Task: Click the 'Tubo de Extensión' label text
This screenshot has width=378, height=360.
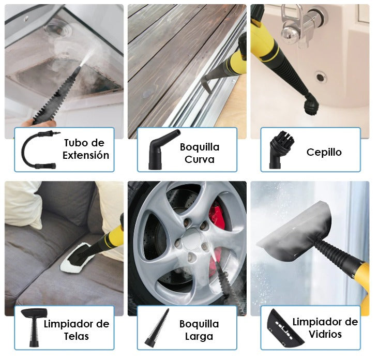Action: pyautogui.click(x=86, y=149)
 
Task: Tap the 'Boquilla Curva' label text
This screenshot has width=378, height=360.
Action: pyautogui.click(x=199, y=153)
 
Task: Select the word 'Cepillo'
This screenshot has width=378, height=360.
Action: pyautogui.click(x=324, y=152)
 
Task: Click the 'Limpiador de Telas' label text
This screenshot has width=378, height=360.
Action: pyautogui.click(x=77, y=330)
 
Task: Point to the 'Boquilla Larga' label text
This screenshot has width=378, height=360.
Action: pyautogui.click(x=199, y=330)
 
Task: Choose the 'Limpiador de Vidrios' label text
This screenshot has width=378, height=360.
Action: pyautogui.click(x=325, y=328)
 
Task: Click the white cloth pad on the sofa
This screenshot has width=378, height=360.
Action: pyautogui.click(x=77, y=261)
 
